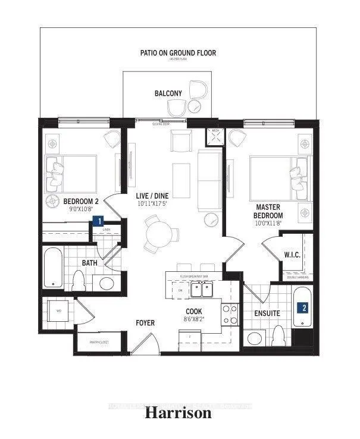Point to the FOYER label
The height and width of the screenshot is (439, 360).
coord(145,323)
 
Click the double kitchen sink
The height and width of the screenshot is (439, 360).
coord(200,289)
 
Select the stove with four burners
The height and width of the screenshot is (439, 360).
coord(229,313)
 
